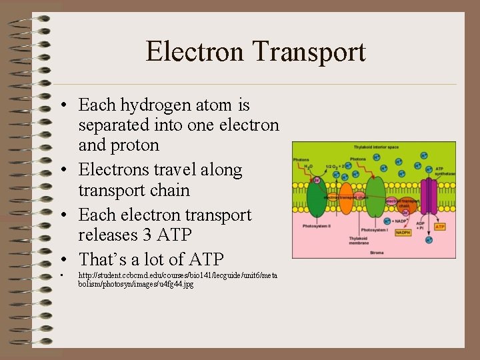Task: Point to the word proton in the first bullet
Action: (136, 145)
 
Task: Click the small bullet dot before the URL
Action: (61, 275)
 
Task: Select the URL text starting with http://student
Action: (177, 279)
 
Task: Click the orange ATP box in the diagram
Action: (440, 227)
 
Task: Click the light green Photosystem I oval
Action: (375, 197)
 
